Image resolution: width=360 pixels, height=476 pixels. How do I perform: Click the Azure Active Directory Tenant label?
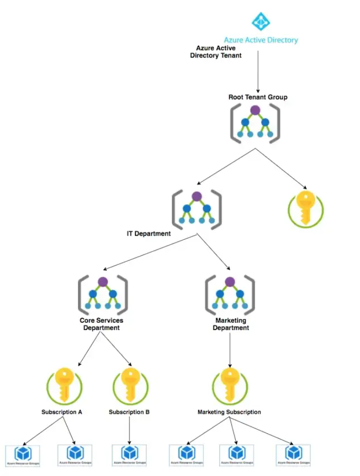[215, 51]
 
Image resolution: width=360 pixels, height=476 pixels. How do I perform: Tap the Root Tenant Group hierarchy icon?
[255, 123]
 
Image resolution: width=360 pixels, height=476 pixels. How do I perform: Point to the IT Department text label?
[149, 234]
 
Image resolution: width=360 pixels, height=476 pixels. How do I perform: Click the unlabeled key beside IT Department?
[306, 208]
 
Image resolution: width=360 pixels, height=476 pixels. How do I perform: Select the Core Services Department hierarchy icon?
[102, 295]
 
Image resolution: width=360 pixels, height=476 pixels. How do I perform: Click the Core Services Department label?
[101, 324]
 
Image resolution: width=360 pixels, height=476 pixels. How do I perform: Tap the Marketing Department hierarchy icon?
[230, 295]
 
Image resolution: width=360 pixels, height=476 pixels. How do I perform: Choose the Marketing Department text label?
[231, 324]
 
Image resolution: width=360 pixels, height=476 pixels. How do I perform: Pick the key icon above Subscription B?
[130, 385]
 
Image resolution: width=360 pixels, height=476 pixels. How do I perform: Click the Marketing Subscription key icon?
[230, 385]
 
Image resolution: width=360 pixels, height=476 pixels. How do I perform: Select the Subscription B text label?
[129, 412]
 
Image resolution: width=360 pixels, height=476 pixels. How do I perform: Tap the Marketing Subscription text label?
[229, 412]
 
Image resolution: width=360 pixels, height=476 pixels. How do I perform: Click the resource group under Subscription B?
[129, 455]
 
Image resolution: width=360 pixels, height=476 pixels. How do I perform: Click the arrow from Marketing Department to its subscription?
[230, 350]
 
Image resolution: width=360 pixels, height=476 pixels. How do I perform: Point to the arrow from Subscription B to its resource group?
[129, 430]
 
